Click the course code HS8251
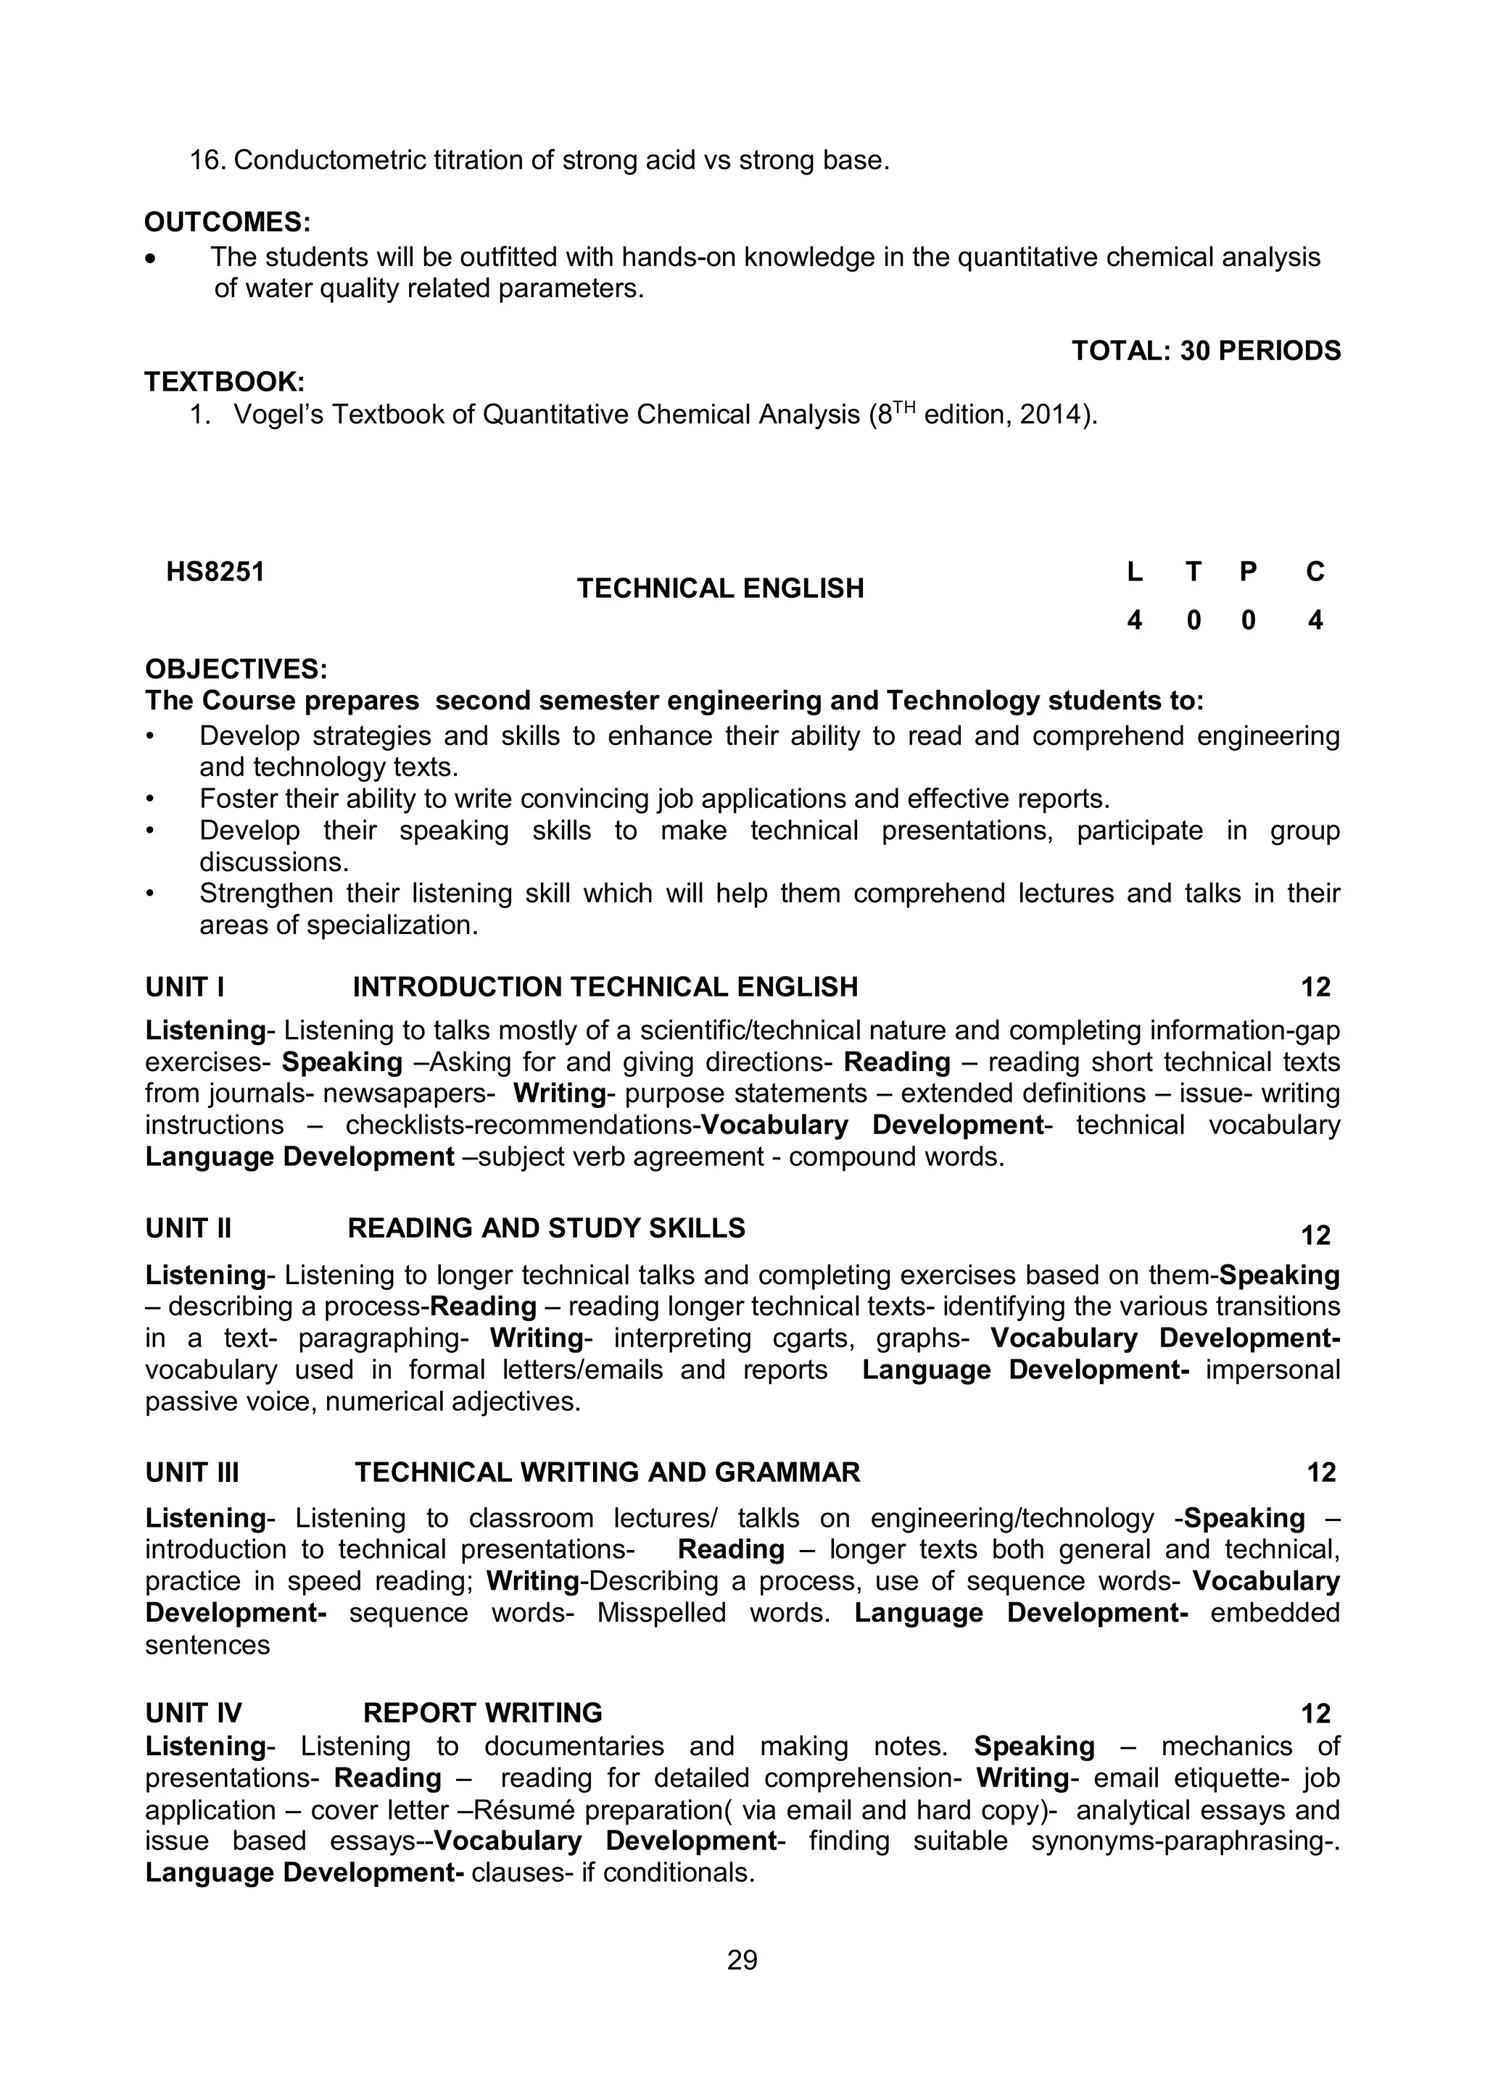tap(215, 572)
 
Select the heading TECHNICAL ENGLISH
tap(720, 588)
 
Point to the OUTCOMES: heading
tap(228, 222)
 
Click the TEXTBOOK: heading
tap(224, 381)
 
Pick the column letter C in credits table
tap(1315, 572)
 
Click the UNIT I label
tap(185, 987)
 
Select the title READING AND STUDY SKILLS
tap(546, 1228)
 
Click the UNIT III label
tap(192, 1472)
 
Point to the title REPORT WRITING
tap(483, 1713)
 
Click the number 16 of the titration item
tap(207, 160)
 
